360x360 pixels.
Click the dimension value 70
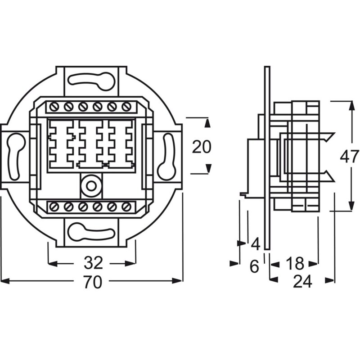92,282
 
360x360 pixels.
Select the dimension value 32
93,263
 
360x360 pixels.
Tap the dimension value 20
202,147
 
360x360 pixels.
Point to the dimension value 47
349,157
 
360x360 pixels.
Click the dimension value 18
295,263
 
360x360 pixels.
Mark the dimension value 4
256,244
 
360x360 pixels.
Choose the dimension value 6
254,266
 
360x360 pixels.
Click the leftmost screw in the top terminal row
54,107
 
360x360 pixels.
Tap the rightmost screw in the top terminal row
126,107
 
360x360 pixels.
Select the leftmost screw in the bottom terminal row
54,207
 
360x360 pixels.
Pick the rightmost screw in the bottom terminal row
126,207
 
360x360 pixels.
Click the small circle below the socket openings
91,186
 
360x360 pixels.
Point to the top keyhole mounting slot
91,81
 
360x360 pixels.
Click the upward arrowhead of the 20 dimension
208,123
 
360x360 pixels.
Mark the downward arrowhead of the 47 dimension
351,206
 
